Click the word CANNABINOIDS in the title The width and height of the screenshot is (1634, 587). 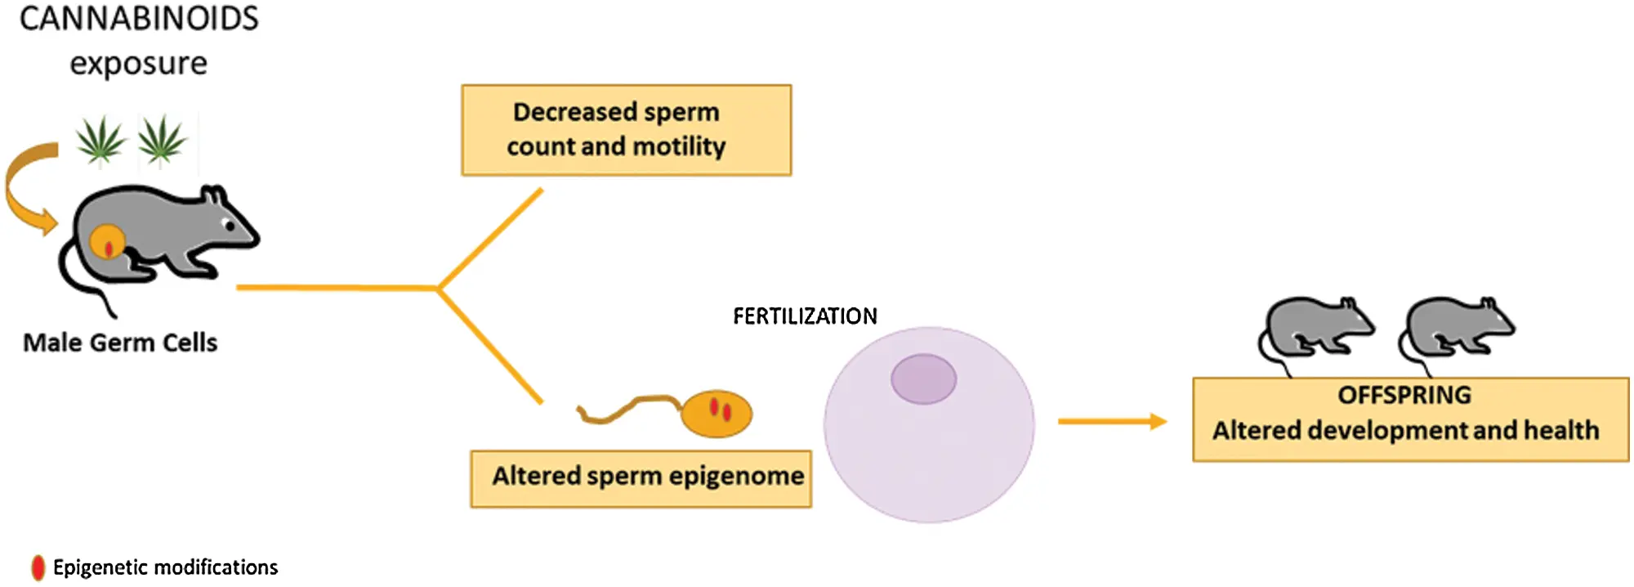139,18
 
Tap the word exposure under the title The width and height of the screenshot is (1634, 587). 139,64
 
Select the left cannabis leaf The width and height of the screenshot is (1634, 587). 100,141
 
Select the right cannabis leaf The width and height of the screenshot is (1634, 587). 162,141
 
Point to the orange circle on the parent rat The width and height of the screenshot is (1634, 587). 107,243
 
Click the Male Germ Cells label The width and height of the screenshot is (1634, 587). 120,343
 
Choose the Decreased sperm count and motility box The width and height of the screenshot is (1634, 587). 627,130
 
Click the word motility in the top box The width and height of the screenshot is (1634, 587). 679,147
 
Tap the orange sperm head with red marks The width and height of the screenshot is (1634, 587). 717,413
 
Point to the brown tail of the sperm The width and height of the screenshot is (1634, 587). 630,408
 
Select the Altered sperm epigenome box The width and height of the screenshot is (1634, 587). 641,479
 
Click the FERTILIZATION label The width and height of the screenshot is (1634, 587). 805,316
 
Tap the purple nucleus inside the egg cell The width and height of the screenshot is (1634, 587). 924,379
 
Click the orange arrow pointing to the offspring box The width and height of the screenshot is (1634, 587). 1113,422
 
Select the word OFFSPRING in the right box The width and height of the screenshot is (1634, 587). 1404,396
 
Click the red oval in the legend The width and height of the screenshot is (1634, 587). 38,568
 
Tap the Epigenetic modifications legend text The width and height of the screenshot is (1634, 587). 166,567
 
